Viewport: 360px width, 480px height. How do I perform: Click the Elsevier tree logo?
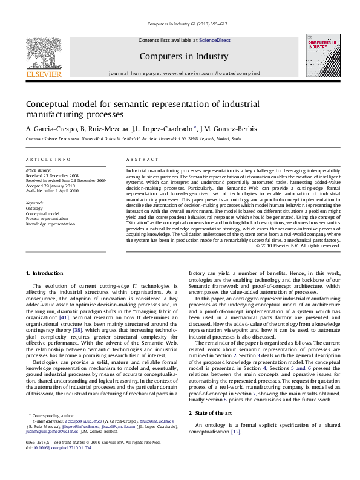click(43, 58)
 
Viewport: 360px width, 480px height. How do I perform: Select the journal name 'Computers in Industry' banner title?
click(175, 56)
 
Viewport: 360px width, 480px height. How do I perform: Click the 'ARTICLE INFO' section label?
click(44, 159)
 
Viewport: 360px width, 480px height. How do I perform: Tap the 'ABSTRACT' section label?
click(142, 159)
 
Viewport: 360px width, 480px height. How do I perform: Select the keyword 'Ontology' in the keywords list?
click(34, 208)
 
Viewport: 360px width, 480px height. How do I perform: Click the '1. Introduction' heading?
click(45, 273)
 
